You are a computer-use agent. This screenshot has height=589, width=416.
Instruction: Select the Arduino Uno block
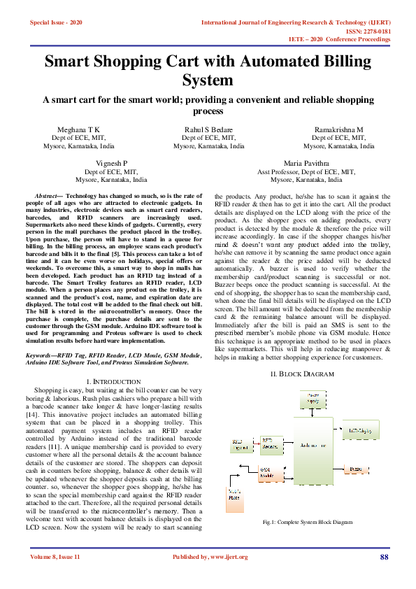313,444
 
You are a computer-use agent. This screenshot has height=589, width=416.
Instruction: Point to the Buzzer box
356,469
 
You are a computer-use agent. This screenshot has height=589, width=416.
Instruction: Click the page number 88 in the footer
384,557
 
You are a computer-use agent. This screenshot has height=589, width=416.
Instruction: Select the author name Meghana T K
78,130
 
